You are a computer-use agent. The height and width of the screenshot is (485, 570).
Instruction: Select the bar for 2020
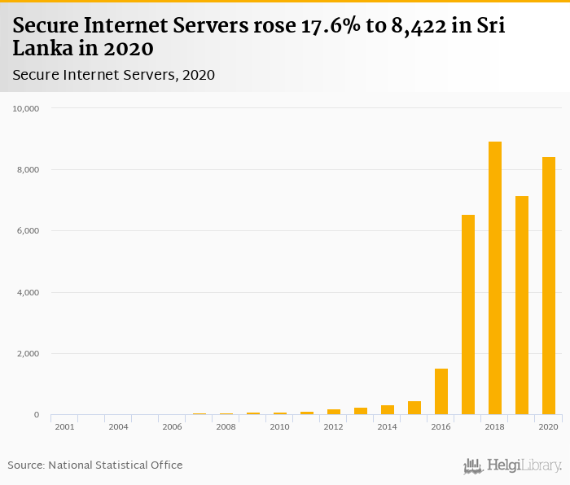click(x=548, y=286)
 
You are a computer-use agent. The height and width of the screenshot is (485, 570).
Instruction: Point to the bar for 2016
click(x=441, y=391)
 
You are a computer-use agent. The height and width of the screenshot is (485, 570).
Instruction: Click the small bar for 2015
click(x=414, y=408)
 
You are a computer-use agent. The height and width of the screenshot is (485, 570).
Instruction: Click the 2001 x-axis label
click(x=64, y=426)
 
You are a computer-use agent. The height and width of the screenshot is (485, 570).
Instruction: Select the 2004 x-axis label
click(x=118, y=426)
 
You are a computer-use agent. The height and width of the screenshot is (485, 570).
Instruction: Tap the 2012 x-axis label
click(x=333, y=426)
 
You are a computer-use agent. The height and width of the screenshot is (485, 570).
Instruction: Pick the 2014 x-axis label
click(x=387, y=426)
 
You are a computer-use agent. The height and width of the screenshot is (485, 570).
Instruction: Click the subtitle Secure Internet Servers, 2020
click(x=113, y=75)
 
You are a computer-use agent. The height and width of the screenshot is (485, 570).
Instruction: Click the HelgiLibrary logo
click(x=513, y=465)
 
